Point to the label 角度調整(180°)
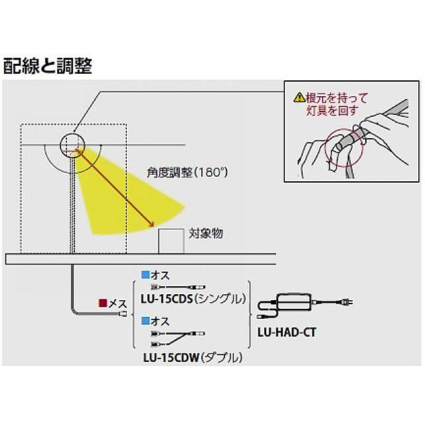point(187,172)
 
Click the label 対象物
point(205,233)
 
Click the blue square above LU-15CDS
point(144,273)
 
